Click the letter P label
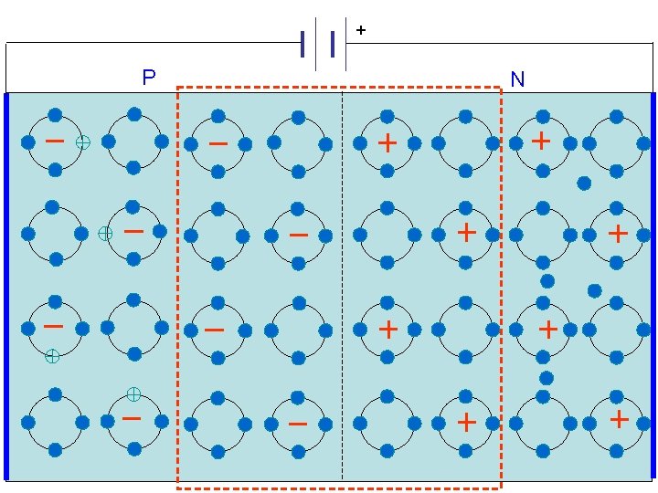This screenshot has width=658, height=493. click(149, 78)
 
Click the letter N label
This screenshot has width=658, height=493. click(517, 80)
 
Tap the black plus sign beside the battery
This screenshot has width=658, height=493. click(361, 31)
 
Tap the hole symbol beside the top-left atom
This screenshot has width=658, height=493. click(83, 142)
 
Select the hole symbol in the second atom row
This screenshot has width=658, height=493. click(105, 233)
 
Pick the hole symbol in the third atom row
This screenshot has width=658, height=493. click(53, 357)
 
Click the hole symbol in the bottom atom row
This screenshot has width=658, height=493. click(133, 393)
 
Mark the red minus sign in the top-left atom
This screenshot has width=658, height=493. click(55, 141)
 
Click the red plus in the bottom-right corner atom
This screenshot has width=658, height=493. click(619, 419)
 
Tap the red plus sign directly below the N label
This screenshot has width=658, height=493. click(541, 141)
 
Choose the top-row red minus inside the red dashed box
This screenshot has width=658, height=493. click(218, 143)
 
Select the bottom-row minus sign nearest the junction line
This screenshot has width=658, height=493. click(297, 423)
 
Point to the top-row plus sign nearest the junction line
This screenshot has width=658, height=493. click(387, 142)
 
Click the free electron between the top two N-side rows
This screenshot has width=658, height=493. click(584, 184)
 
